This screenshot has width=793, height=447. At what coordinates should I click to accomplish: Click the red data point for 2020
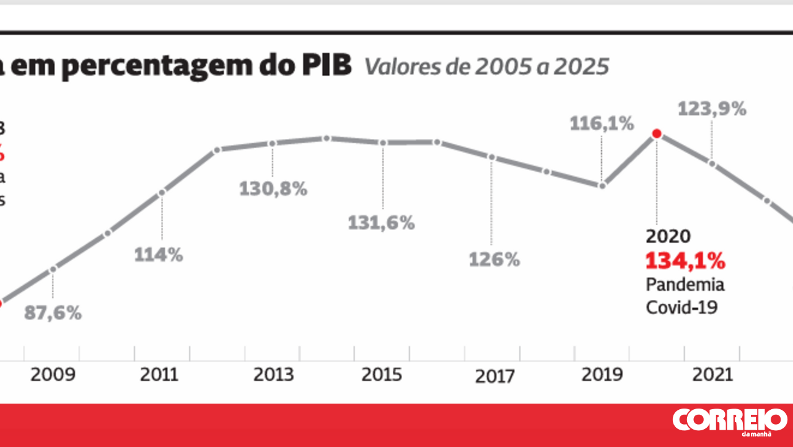[657, 133]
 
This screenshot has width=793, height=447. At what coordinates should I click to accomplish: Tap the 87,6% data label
[53, 313]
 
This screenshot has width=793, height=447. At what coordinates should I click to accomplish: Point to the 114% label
[159, 255]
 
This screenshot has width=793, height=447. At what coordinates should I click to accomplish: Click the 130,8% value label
[273, 189]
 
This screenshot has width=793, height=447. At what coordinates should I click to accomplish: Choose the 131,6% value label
[381, 223]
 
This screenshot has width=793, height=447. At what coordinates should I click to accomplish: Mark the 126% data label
[494, 260]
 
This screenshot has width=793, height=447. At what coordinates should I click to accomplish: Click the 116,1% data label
[602, 124]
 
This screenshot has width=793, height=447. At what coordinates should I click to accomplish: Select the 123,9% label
[712, 109]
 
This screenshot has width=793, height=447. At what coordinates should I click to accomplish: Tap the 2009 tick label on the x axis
[53, 375]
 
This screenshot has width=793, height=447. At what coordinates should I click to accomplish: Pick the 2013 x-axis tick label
[273, 375]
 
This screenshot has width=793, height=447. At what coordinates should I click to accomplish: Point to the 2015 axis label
[382, 375]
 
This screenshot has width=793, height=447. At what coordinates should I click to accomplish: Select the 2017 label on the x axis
[494, 376]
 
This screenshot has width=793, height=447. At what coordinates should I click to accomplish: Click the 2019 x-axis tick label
[602, 375]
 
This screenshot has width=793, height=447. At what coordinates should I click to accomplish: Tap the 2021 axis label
[712, 375]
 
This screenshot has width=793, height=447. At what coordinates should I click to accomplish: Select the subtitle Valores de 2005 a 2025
[486, 67]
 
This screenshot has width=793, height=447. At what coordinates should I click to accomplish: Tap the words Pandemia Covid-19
[685, 296]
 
